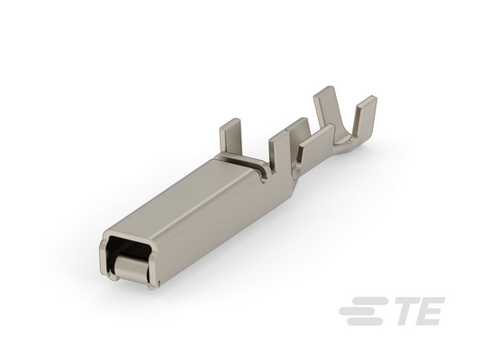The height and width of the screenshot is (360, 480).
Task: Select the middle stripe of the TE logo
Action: [x=361, y=310]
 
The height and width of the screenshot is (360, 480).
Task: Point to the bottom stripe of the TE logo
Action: [x=365, y=321]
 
